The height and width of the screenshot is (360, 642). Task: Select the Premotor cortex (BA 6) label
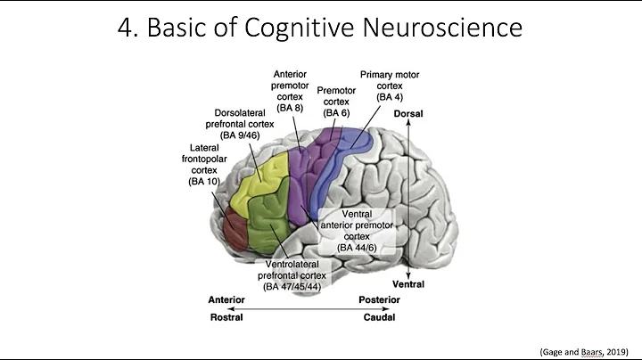click(335, 101)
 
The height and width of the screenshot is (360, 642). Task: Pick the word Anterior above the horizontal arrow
click(226, 300)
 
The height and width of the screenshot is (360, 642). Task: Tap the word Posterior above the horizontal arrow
click(378, 300)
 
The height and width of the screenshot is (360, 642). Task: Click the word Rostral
click(226, 317)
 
